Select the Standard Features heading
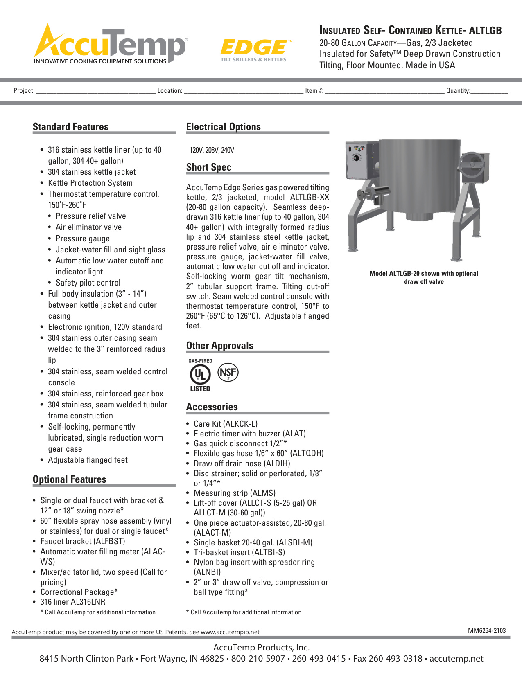[x=70, y=127]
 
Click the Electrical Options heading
[x=223, y=127]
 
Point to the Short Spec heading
[x=209, y=167]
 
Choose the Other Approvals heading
[x=219, y=346]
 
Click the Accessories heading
[x=212, y=407]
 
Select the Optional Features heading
[x=69, y=479]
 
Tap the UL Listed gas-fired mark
[x=200, y=375]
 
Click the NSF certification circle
[x=228, y=372]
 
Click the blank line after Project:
[x=96, y=91]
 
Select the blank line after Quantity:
[x=489, y=91]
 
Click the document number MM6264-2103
[x=487, y=630]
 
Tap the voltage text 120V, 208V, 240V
[x=212, y=150]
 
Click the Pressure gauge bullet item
[x=83, y=239]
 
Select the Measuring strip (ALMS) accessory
[x=234, y=493]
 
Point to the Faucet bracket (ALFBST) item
[x=82, y=541]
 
